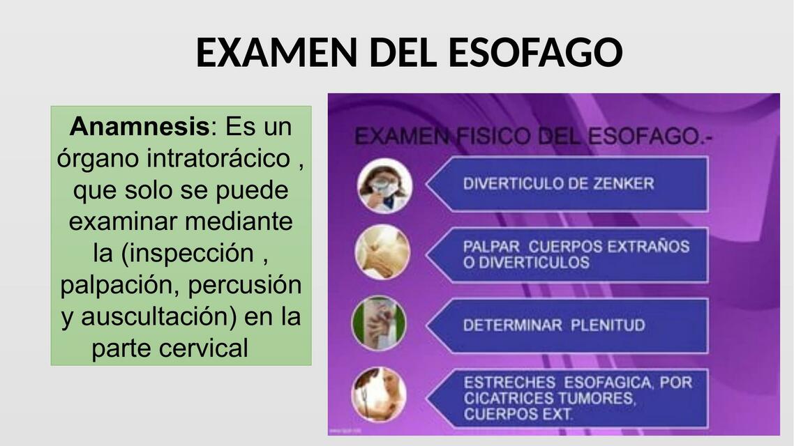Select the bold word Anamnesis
[140, 128]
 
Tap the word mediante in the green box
[239, 222]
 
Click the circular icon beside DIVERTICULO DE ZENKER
[384, 185]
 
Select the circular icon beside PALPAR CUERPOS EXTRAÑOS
[382, 252]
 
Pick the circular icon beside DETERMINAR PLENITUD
[379, 323]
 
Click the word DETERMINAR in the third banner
[512, 325]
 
